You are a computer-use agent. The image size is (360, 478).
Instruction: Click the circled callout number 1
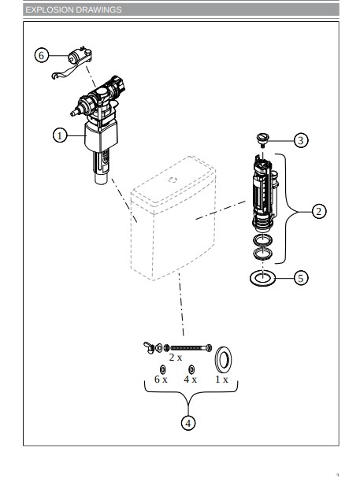(x=60, y=135)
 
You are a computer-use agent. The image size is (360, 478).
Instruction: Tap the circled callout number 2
(x=319, y=211)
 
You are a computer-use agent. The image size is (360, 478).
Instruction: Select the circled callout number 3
(x=301, y=140)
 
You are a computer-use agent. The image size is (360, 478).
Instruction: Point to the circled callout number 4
(x=188, y=423)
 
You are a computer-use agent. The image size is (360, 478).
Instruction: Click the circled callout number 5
(x=301, y=278)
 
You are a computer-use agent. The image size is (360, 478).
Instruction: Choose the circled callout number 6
(x=42, y=55)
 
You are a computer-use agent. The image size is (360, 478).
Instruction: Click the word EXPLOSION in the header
(x=50, y=9)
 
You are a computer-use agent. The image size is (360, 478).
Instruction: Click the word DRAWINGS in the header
(x=98, y=9)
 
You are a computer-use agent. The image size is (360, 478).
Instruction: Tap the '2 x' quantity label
(x=176, y=358)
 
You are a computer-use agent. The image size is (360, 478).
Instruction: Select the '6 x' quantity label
(x=161, y=380)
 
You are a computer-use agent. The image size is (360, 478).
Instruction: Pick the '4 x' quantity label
(x=190, y=380)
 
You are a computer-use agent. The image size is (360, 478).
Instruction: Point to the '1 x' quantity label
(x=221, y=380)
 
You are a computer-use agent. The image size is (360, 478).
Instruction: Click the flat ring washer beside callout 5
(x=262, y=278)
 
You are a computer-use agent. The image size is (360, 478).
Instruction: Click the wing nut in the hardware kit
(x=150, y=347)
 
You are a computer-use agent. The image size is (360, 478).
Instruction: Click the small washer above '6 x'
(x=163, y=369)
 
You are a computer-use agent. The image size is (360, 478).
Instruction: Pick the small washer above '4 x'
(x=191, y=369)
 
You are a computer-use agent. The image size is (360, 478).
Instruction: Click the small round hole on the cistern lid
(x=173, y=180)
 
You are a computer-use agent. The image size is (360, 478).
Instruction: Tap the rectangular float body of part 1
(x=101, y=136)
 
